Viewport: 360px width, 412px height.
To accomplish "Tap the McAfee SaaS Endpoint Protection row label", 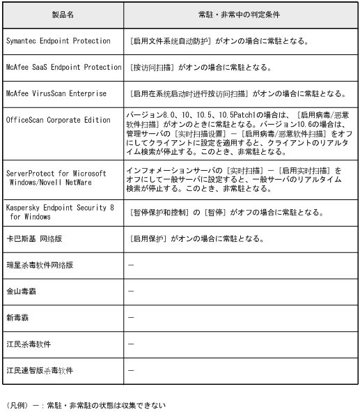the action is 63,68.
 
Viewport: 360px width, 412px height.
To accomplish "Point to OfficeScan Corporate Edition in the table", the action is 58,120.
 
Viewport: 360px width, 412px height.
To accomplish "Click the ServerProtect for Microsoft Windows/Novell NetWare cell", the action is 56,176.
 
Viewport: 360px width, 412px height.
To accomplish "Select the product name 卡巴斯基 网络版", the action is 34,239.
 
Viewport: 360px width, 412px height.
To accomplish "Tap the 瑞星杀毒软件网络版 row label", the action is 39,266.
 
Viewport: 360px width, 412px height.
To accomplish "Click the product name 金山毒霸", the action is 22,291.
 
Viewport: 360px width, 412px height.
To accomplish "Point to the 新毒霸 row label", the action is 17,317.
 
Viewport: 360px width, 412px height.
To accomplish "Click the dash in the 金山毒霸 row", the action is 132,291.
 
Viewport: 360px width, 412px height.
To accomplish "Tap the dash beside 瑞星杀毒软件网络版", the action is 132,266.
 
